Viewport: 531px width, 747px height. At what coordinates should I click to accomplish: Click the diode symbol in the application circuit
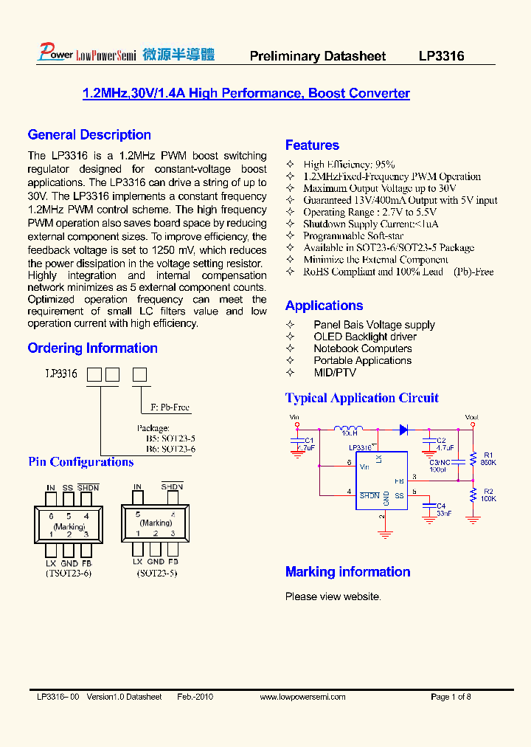coord(403,429)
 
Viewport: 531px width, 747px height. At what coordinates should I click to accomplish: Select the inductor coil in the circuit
coord(348,429)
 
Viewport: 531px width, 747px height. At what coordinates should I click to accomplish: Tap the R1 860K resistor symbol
coord(473,458)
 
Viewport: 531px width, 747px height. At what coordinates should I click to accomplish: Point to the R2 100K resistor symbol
coord(473,495)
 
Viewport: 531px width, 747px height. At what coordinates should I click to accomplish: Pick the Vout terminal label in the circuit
coord(472,418)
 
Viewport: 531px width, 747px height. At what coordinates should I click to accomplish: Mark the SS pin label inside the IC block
coord(399,495)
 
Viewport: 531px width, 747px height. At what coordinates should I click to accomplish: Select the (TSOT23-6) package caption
coord(68,573)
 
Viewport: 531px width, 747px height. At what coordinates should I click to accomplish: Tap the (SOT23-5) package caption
coord(156,573)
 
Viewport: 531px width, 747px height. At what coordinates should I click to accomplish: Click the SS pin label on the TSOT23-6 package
coord(68,488)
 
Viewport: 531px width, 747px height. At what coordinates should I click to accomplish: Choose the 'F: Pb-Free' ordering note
coord(170,407)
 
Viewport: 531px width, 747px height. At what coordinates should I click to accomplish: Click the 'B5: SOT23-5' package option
coord(170,438)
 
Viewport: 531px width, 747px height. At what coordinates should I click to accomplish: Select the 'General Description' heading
coord(89,135)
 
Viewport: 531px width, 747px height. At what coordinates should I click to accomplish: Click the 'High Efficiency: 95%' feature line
coord(349,165)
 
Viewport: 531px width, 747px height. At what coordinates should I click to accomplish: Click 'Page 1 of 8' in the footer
coord(451,697)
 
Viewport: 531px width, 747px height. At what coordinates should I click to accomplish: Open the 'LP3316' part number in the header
coord(441,56)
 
